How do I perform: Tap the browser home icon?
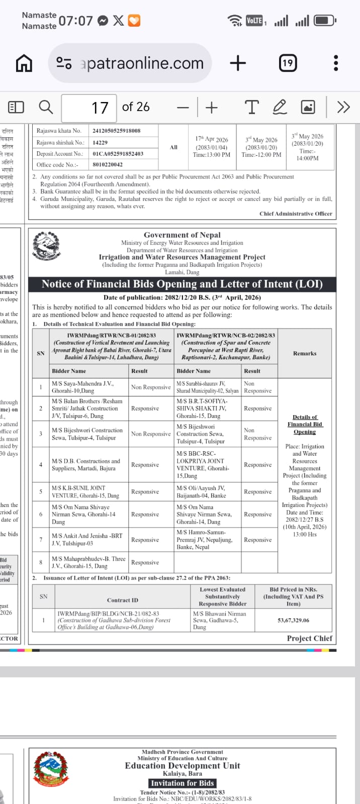(x=24, y=63)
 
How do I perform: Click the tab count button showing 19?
(x=287, y=63)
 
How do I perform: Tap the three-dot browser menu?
(x=336, y=63)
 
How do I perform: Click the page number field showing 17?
(x=89, y=108)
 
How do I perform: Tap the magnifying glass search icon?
(x=46, y=107)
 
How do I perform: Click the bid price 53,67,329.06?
(x=293, y=620)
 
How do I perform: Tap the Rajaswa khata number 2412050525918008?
(x=117, y=131)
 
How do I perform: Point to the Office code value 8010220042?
(x=108, y=164)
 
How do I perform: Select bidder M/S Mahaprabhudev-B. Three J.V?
(x=88, y=562)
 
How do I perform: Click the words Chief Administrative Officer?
(x=296, y=214)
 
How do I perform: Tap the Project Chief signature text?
(x=309, y=638)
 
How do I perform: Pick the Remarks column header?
(x=305, y=353)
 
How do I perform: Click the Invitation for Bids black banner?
(x=183, y=783)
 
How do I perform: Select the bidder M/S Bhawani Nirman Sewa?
(x=219, y=620)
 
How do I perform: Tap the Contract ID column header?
(x=122, y=600)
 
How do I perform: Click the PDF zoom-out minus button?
(x=183, y=108)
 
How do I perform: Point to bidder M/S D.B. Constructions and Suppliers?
(x=86, y=465)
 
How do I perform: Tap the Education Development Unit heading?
(x=183, y=766)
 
